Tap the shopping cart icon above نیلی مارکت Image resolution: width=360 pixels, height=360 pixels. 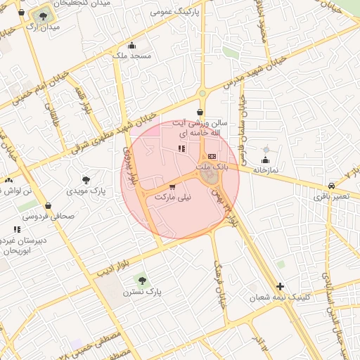(173, 187)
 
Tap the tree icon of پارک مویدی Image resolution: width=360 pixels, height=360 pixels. (86, 181)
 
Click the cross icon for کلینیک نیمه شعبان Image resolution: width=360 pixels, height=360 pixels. (281, 286)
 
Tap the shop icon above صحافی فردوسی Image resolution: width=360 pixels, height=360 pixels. (48, 205)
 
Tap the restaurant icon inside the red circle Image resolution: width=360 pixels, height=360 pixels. (181, 148)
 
